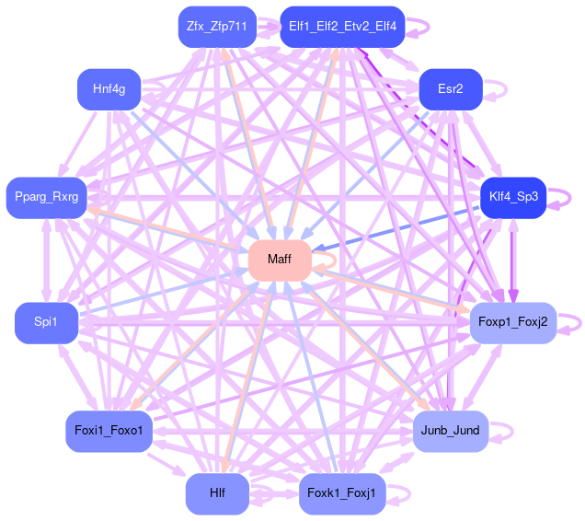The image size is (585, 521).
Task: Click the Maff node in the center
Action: (279, 260)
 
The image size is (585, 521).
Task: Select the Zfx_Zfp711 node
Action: (216, 27)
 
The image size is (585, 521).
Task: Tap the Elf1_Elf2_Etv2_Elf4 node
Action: (342, 27)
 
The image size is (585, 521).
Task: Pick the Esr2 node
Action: (450, 89)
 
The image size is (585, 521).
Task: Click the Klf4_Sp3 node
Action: (512, 196)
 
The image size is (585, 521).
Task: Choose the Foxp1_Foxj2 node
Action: (512, 322)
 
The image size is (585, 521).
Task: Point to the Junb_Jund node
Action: (450, 430)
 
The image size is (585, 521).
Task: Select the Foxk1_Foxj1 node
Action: (342, 493)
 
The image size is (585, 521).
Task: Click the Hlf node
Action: (216, 493)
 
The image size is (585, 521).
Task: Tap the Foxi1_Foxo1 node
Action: (109, 430)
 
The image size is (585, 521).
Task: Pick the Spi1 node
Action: (45, 322)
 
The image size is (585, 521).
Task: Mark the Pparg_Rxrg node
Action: (45, 196)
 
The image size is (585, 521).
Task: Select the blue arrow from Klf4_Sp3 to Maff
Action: (396, 228)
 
